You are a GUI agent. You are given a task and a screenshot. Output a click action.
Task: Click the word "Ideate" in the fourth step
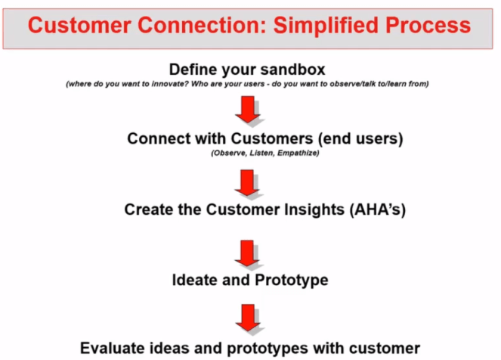[193, 280]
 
